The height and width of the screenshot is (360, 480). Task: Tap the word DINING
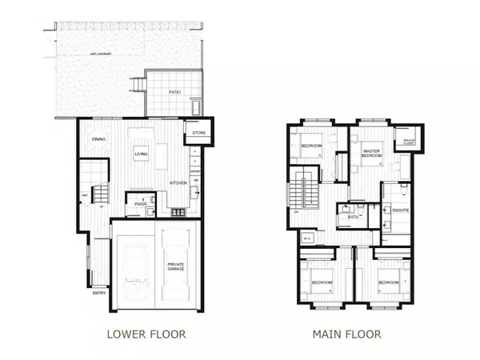pyautogui.click(x=99, y=139)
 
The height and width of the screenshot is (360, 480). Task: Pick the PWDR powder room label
pyautogui.click(x=140, y=204)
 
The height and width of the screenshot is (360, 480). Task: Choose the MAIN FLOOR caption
pyautogui.click(x=349, y=334)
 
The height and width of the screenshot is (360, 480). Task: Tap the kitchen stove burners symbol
pyautogui.click(x=178, y=212)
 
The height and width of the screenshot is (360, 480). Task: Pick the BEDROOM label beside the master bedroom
pyautogui.click(x=312, y=146)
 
